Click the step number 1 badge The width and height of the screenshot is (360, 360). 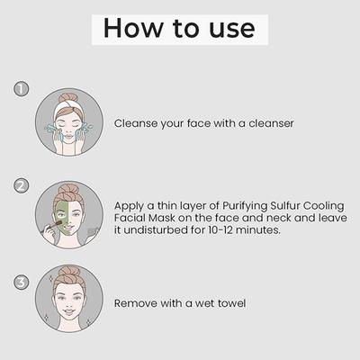(22, 89)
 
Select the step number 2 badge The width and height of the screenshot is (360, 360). (22, 185)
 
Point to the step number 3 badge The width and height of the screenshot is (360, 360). (22, 283)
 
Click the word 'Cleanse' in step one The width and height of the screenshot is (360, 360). (135, 123)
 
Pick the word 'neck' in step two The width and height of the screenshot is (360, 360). (279, 218)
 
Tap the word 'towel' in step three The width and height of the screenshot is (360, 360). (231, 303)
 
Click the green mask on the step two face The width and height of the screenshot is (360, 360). (62, 219)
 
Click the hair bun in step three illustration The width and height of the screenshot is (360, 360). (68, 273)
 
